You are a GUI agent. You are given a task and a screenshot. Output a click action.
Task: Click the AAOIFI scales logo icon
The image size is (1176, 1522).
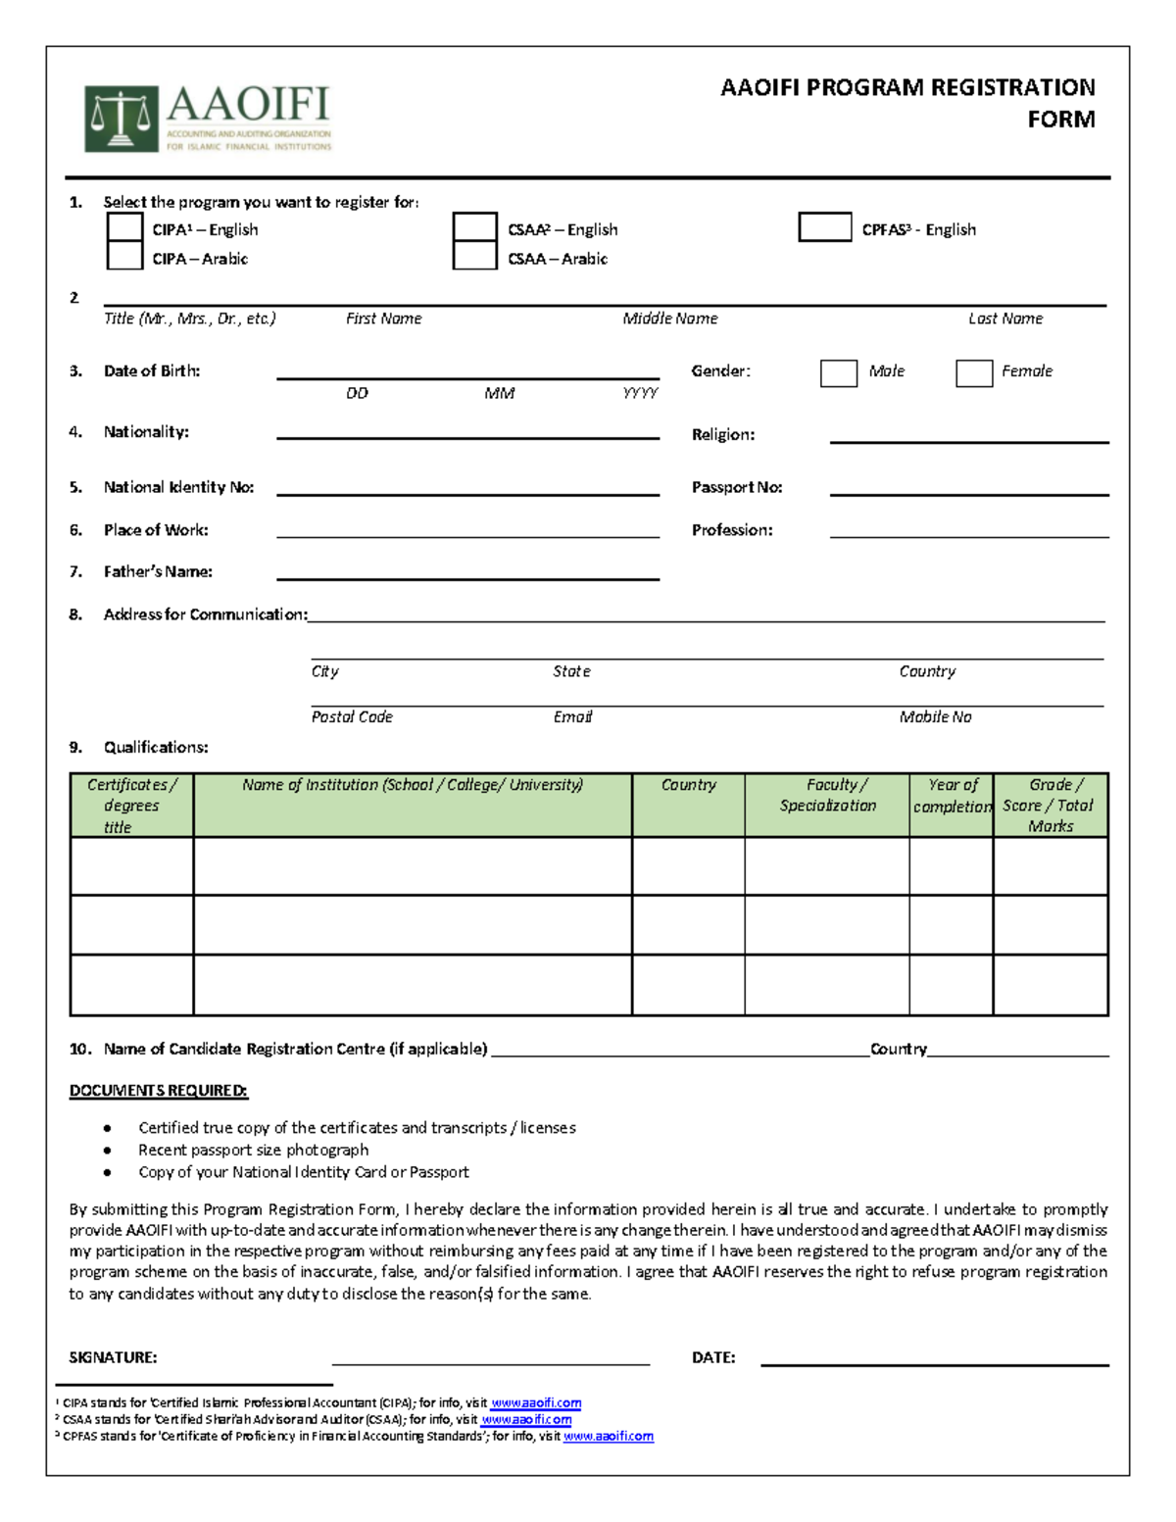pos(122,119)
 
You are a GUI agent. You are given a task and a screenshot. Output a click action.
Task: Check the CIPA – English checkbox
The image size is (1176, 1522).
pos(124,227)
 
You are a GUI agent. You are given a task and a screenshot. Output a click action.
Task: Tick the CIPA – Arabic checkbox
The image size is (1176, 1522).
pos(124,256)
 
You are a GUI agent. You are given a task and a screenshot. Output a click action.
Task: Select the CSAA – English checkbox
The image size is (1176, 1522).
pos(474,227)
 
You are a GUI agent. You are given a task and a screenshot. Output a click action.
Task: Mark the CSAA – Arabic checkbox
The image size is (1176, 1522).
pos(474,256)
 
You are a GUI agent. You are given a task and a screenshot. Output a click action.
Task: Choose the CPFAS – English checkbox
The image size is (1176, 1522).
pos(824,227)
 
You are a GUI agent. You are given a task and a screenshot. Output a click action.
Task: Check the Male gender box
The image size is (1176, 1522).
pos(838,373)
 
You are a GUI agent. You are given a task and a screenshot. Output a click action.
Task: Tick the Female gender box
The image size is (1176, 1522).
pos(973,373)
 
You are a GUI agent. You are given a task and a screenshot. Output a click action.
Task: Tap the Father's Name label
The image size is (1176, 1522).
pos(158,571)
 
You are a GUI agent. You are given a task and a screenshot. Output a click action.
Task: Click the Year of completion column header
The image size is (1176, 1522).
pos(952,796)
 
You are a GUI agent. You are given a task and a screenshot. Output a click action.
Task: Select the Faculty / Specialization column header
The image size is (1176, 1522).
pos(827,796)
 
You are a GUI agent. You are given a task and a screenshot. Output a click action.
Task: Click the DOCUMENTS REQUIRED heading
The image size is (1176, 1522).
pos(158,1091)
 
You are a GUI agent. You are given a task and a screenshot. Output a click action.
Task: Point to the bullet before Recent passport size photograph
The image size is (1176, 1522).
pos(107,1151)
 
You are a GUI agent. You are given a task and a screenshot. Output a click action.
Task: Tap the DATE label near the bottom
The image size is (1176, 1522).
pos(712,1357)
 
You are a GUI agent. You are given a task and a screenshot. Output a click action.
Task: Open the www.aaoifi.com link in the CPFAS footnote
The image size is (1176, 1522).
pos(608,1437)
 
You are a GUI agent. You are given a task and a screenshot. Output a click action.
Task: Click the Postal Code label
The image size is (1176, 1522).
pos(352,716)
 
